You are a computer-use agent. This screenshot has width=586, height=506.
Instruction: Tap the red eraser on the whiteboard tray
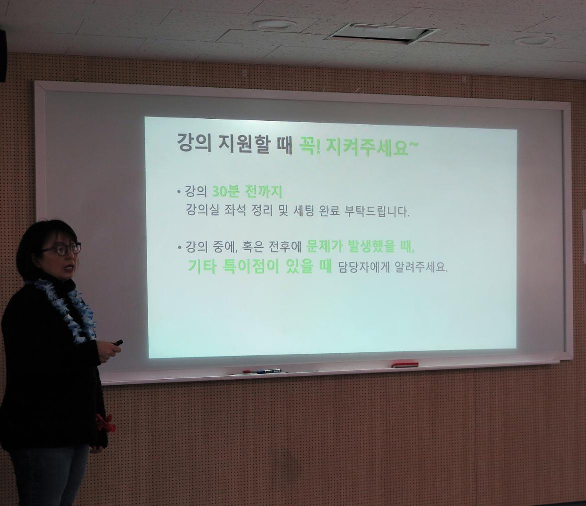coord(405,364)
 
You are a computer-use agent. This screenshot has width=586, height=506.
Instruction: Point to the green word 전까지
coord(263,193)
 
